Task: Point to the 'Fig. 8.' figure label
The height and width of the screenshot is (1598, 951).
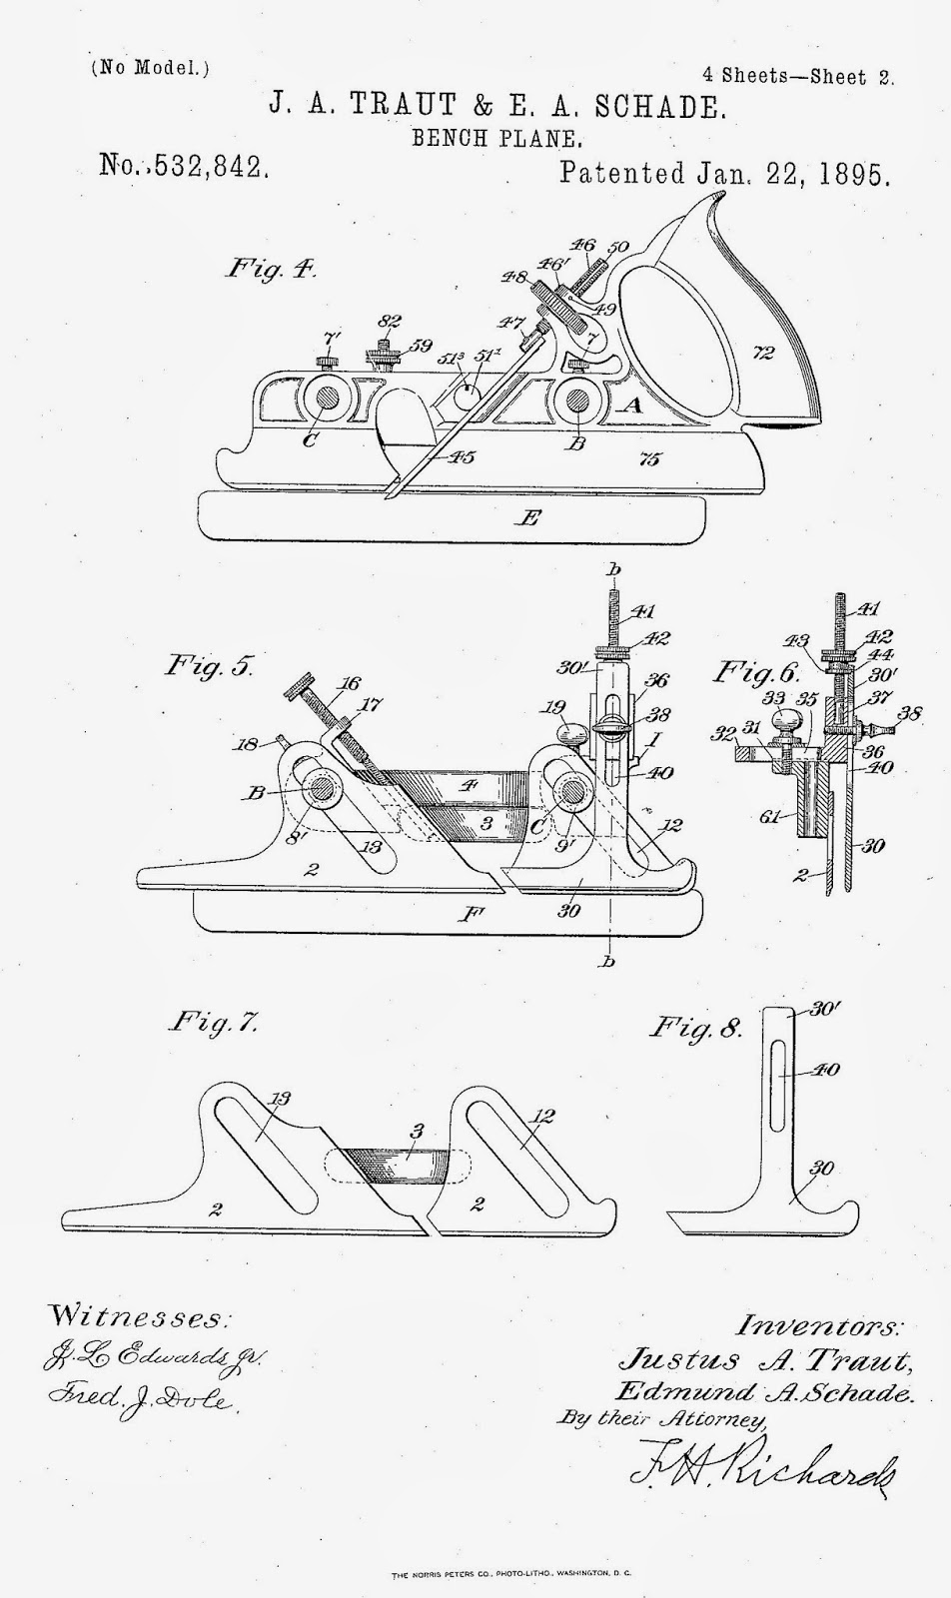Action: click(x=696, y=1027)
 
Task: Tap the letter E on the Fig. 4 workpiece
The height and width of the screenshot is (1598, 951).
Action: click(x=530, y=517)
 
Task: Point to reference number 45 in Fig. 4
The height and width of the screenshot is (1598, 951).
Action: click(x=461, y=458)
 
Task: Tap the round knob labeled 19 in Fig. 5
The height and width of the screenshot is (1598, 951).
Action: click(x=571, y=734)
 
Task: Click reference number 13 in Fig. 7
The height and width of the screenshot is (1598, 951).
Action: click(x=281, y=1099)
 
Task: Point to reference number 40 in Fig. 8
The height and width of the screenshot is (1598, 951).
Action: click(x=827, y=1070)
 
